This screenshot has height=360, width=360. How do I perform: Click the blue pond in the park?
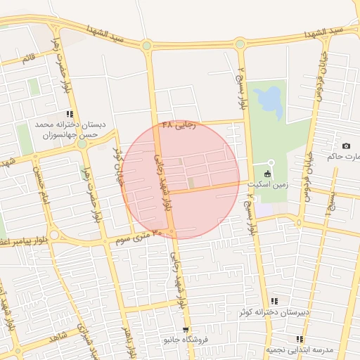[268, 101]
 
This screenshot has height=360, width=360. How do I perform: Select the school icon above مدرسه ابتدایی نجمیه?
[300, 340]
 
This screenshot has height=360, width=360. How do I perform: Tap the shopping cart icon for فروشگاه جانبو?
[185, 329]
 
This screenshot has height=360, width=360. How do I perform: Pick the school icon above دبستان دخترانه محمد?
[69, 114]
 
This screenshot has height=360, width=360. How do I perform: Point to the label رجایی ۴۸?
[177, 124]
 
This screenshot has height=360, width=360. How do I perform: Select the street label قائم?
[27, 58]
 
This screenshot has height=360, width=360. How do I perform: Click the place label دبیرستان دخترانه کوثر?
[257, 311]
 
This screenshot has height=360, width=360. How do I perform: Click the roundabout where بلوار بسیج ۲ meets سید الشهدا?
[240, 44]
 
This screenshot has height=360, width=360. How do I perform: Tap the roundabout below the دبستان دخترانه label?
[82, 143]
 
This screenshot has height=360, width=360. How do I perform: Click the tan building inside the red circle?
[191, 184]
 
